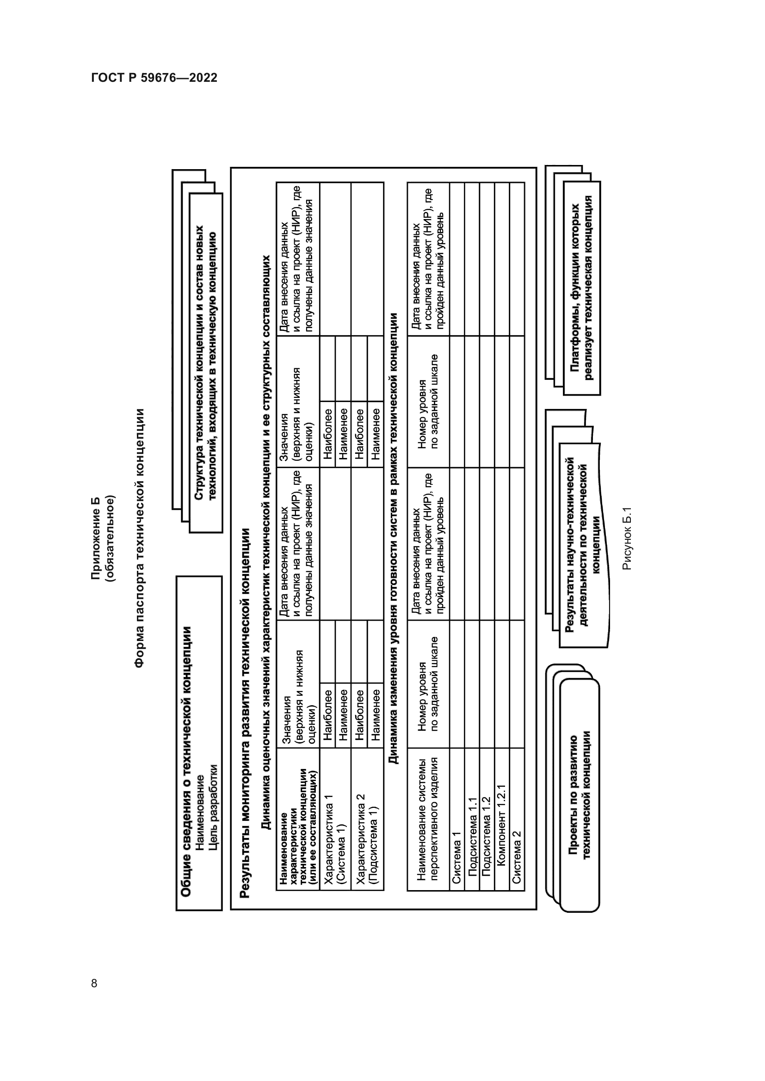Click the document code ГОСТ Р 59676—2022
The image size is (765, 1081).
pos(154,78)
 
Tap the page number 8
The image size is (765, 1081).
pos(94,983)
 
